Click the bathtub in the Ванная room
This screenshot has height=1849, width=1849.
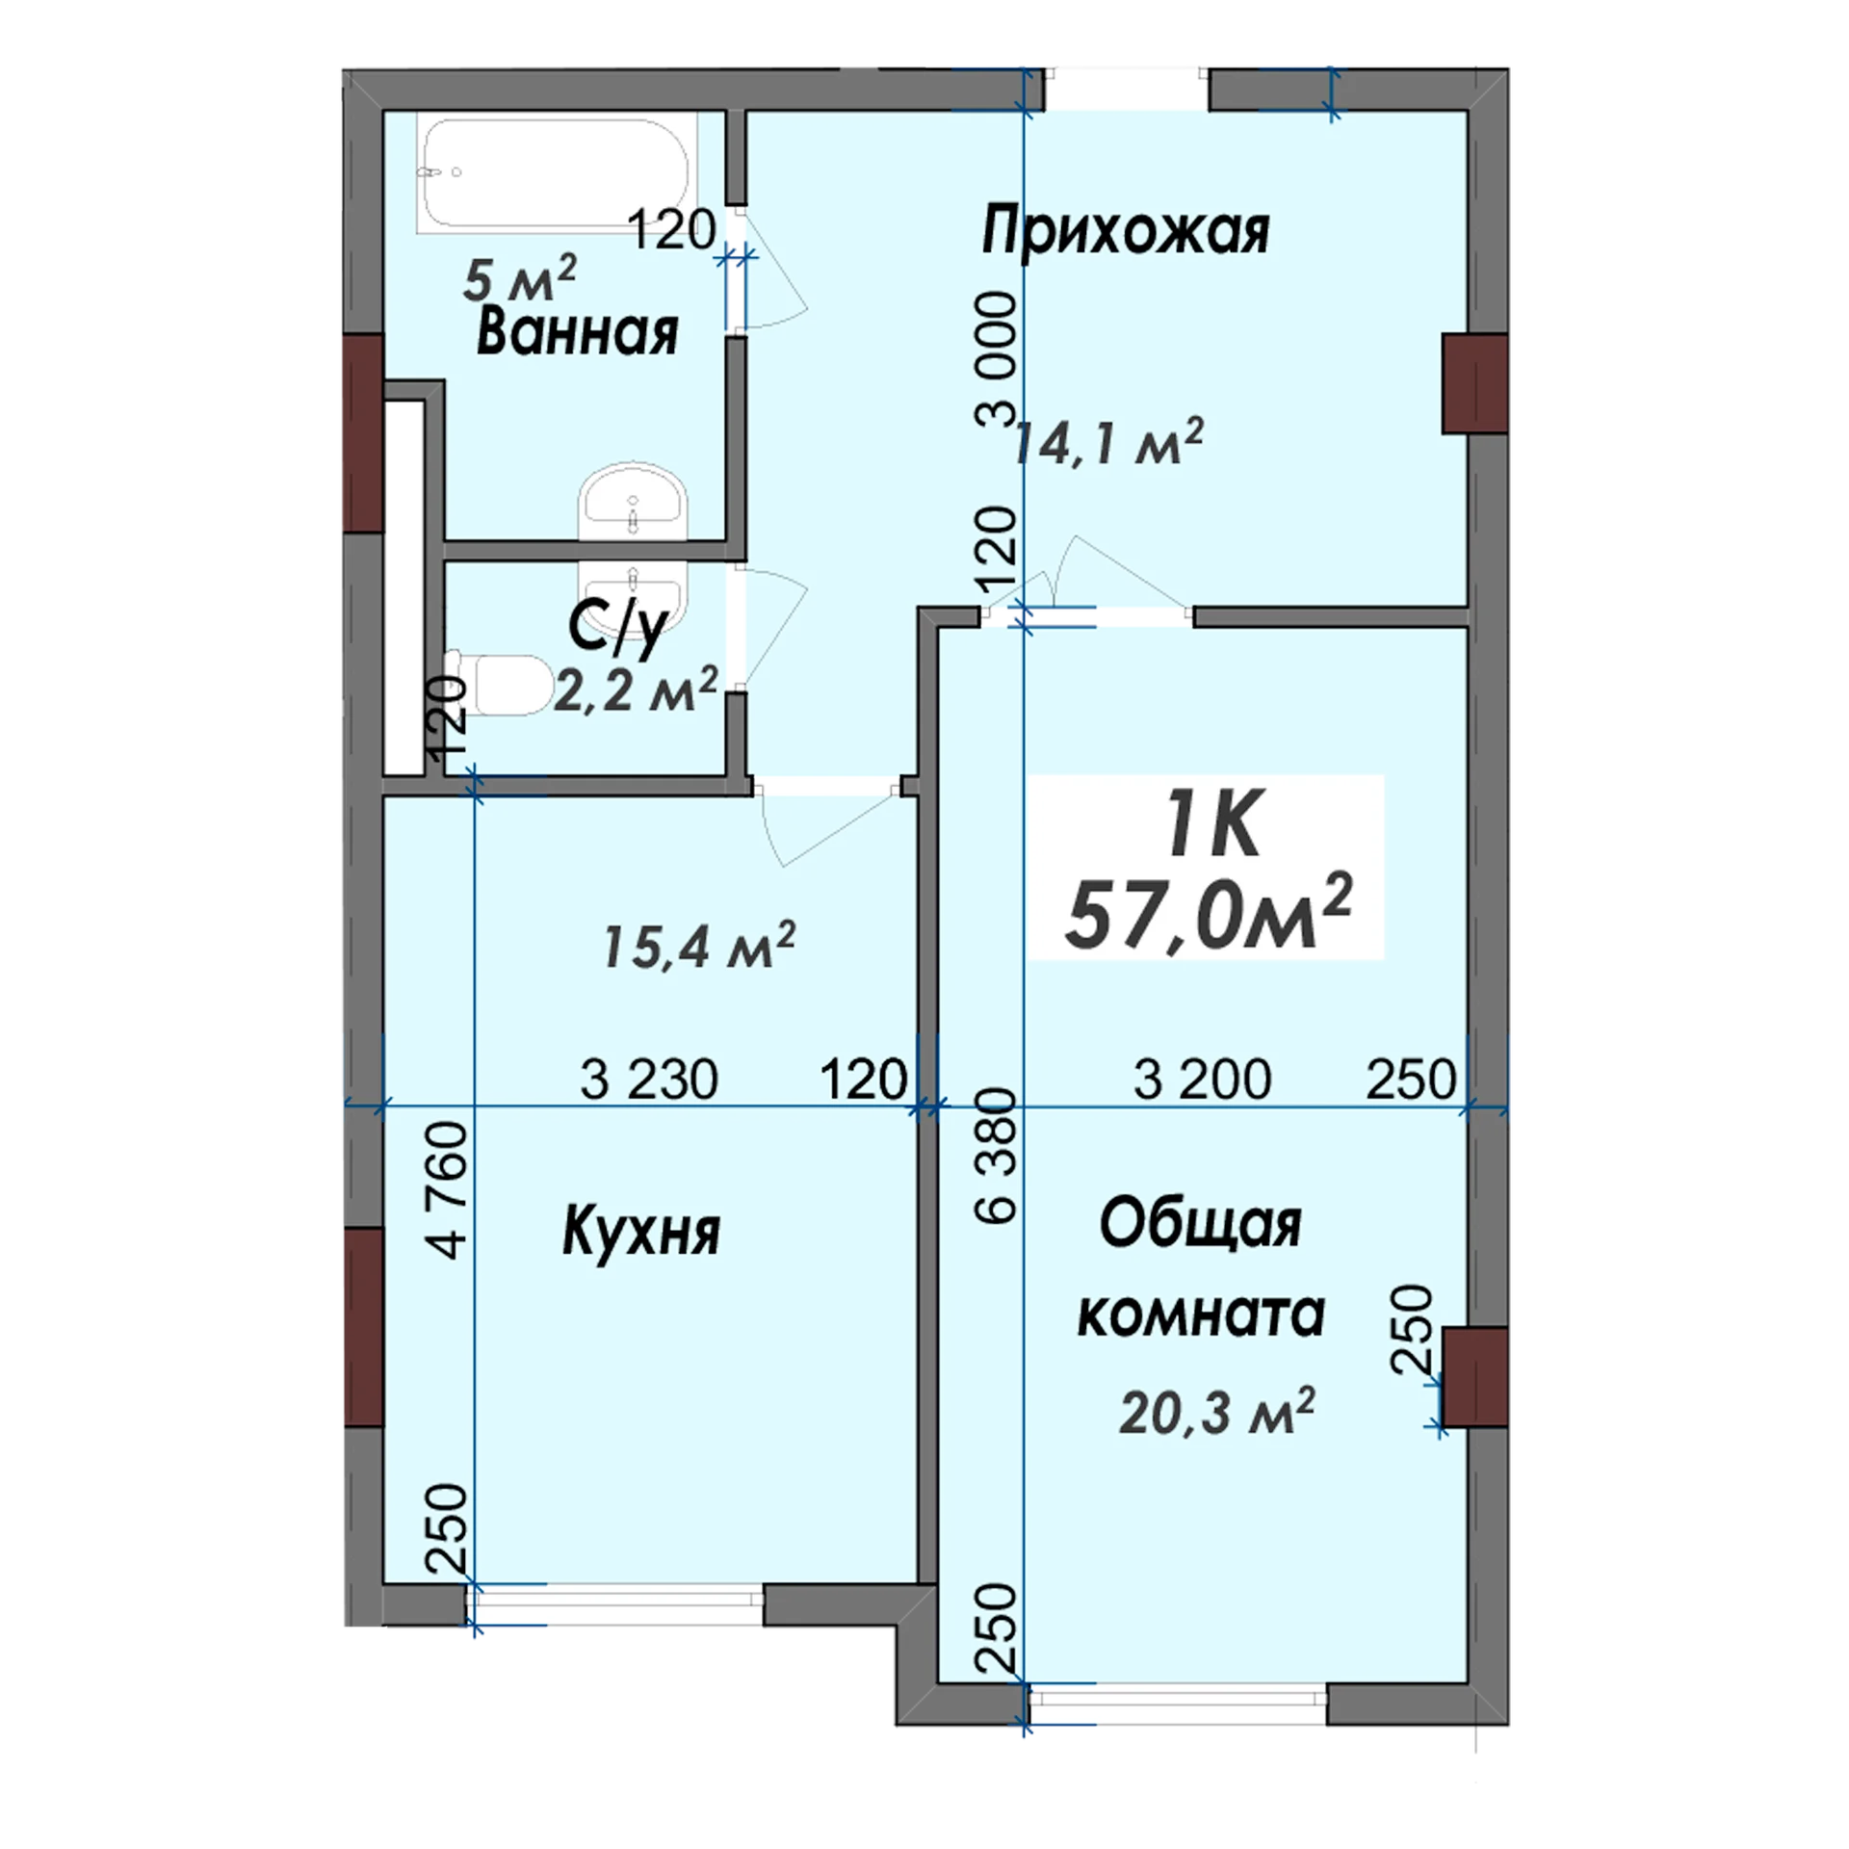(x=554, y=173)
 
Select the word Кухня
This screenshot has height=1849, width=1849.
(x=641, y=1232)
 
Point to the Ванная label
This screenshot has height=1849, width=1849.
(x=578, y=331)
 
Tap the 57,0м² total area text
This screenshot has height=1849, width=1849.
(x=1210, y=910)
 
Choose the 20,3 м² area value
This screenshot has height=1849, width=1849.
(x=1217, y=1413)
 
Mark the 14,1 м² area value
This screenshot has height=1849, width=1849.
(x=1107, y=442)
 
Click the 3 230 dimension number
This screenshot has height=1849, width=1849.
(x=649, y=1079)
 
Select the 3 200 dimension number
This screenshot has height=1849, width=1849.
(x=1202, y=1079)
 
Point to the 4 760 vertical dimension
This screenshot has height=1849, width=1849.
(x=450, y=1190)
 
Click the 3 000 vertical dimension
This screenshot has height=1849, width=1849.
(x=996, y=360)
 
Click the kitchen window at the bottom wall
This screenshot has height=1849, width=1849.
(x=616, y=1605)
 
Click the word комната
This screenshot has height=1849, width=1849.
(x=1201, y=1315)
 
